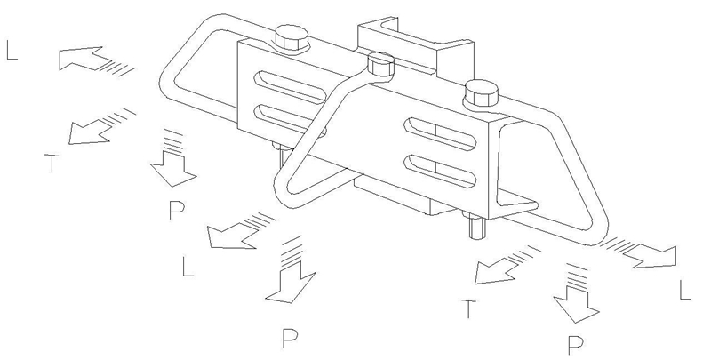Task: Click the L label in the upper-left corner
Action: [x=12, y=50]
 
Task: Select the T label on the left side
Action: [x=52, y=164]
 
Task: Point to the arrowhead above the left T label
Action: [x=91, y=132]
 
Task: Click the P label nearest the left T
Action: [x=176, y=211]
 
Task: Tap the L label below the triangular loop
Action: [x=188, y=267]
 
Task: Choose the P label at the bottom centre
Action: [x=290, y=339]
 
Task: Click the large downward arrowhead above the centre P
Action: [x=291, y=286]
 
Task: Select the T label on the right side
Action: [x=469, y=308]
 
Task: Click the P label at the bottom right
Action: [x=575, y=345]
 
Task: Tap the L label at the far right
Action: [x=684, y=290]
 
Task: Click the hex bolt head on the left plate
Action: [x=292, y=38]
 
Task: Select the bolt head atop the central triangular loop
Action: [x=380, y=64]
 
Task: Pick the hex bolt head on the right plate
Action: [x=482, y=93]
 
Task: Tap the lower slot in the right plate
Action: [x=440, y=170]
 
